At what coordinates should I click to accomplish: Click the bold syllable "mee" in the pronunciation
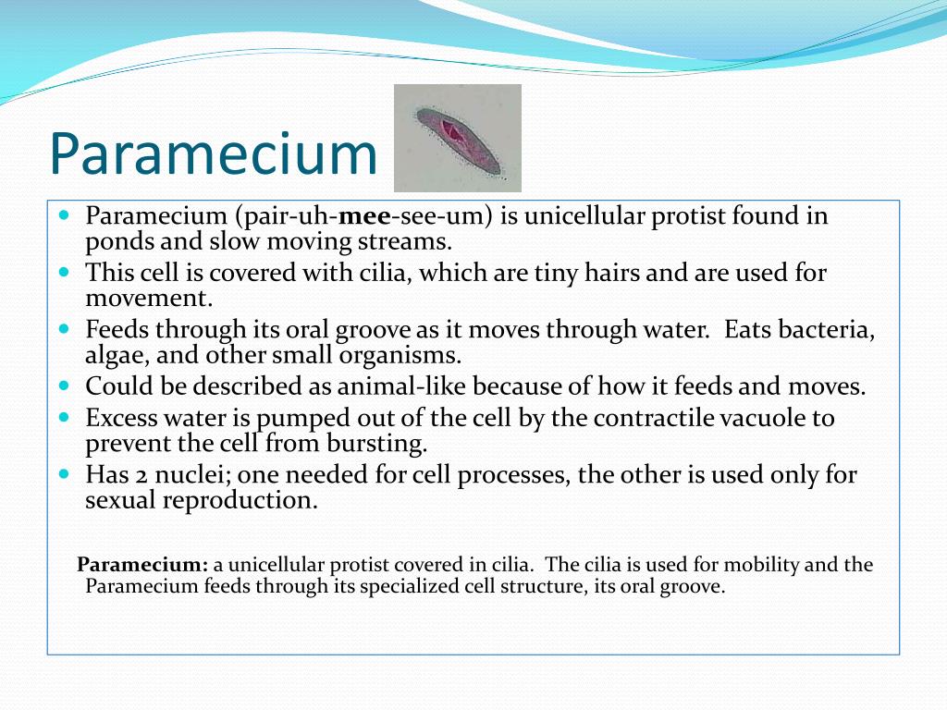click(364, 215)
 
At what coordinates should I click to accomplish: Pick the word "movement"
click(149, 299)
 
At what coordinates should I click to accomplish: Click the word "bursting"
click(377, 444)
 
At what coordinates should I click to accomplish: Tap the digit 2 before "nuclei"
click(141, 475)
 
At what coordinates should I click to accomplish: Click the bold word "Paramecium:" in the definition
click(142, 565)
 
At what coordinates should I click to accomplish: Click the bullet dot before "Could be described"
click(65, 386)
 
